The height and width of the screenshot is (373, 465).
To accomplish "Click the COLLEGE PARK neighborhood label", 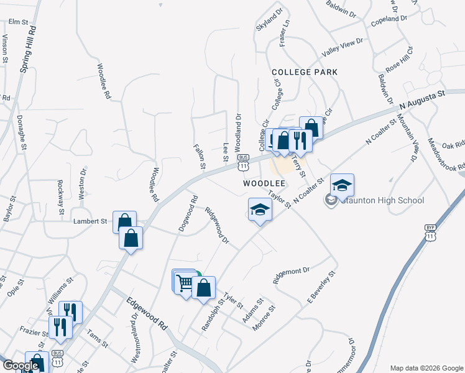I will point(305,72).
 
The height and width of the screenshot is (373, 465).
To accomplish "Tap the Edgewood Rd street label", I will point(147,316).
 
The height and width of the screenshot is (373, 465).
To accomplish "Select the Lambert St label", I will point(91,221).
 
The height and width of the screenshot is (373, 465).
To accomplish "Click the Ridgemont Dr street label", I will point(291,274).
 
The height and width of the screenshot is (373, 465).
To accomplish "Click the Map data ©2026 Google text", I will point(426,367).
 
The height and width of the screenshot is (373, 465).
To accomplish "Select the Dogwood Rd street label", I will point(188,214).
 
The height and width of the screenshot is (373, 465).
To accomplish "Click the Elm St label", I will point(19,22).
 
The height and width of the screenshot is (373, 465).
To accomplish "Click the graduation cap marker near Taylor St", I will point(260,210).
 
